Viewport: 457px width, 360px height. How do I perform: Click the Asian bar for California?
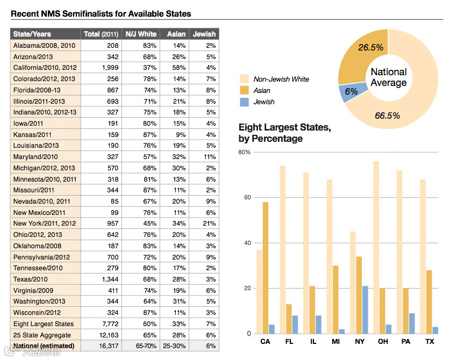(266, 268)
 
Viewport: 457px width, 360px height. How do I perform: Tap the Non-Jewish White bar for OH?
(376, 247)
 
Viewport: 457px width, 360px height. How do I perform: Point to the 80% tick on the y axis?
(245, 152)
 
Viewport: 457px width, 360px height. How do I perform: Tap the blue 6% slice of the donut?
(351, 92)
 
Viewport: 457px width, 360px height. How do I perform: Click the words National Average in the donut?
(389, 77)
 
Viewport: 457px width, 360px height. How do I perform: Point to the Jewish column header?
(204, 34)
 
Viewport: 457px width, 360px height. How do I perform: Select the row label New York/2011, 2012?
(44, 223)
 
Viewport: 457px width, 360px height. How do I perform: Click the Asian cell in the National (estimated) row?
(175, 346)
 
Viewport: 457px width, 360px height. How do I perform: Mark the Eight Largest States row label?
(44, 323)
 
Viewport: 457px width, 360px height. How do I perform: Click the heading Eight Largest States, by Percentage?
(284, 133)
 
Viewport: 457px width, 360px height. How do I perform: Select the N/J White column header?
(141, 34)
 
